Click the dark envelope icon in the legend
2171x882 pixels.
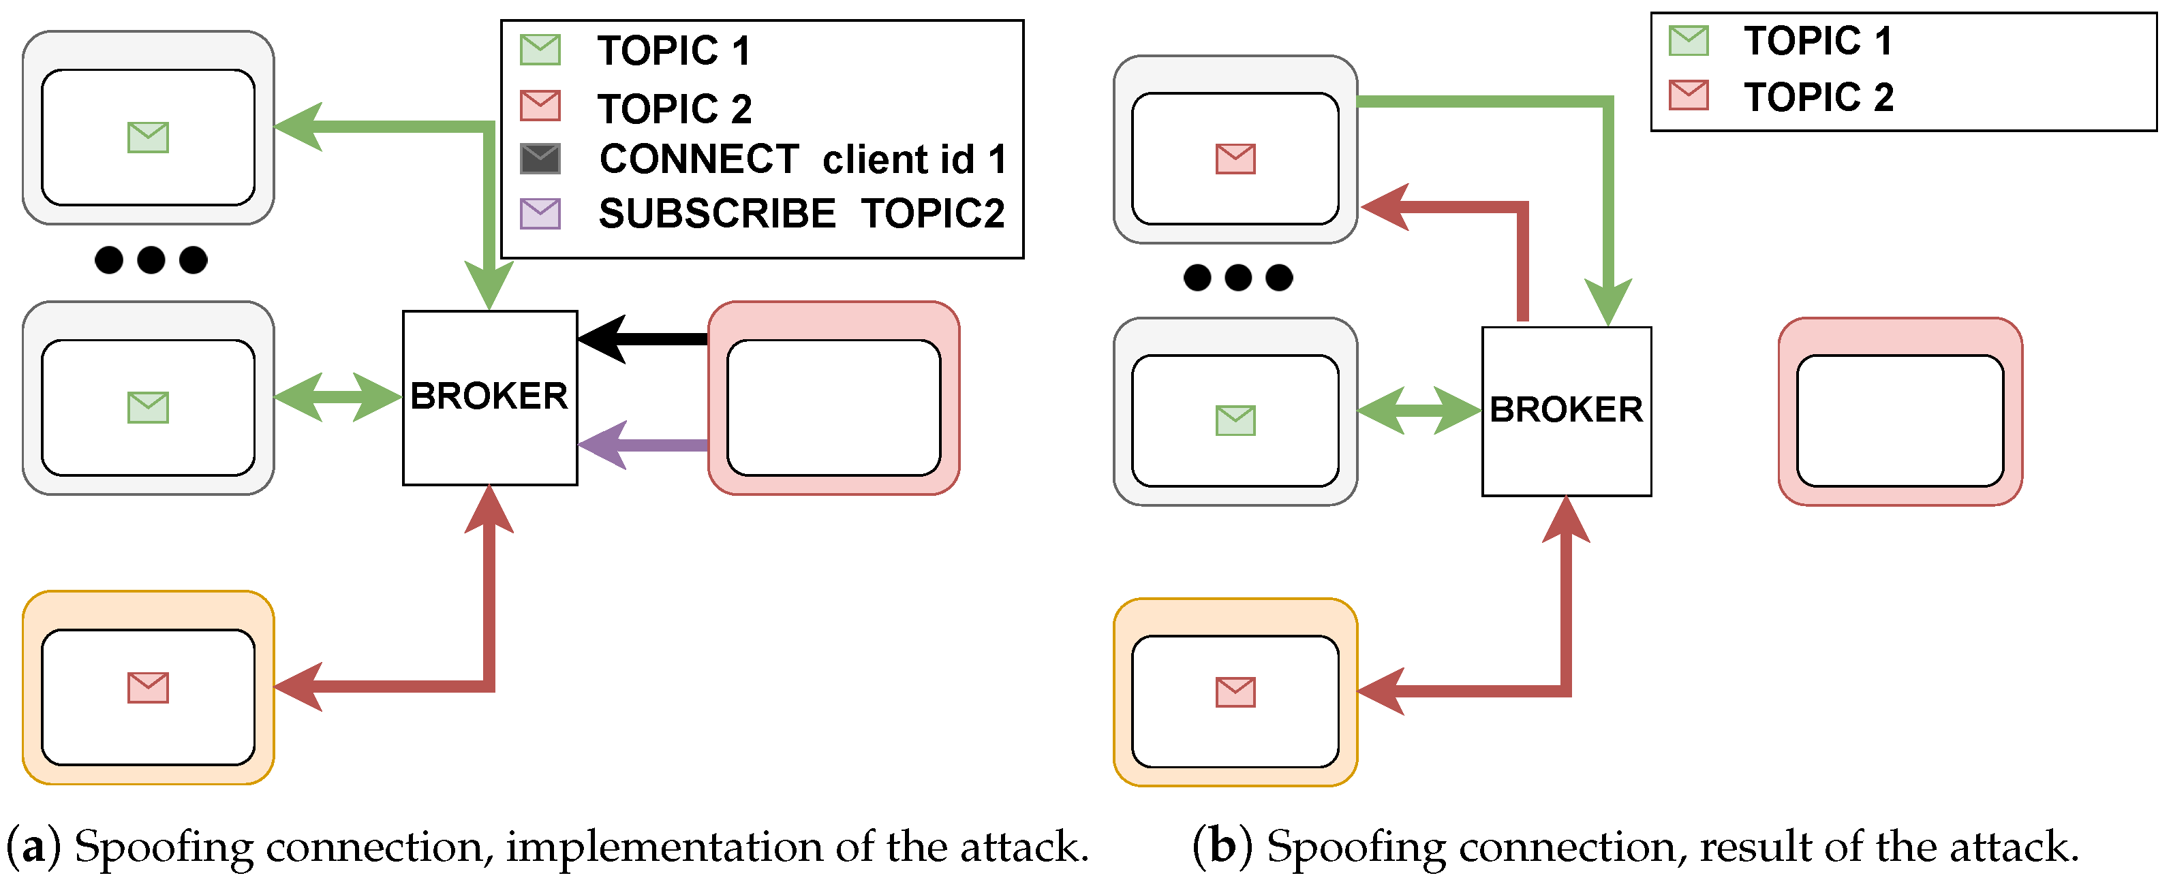point(540,159)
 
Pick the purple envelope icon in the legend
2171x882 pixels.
point(540,213)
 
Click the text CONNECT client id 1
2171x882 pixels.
point(802,159)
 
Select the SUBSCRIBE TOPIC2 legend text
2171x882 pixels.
point(801,213)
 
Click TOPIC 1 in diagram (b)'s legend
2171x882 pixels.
point(1818,40)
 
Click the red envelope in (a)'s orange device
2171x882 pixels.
point(149,687)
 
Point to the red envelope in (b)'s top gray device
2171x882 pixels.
point(1235,159)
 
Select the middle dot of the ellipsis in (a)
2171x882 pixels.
point(151,259)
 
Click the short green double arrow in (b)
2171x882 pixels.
point(1419,410)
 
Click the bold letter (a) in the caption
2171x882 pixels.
point(33,846)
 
